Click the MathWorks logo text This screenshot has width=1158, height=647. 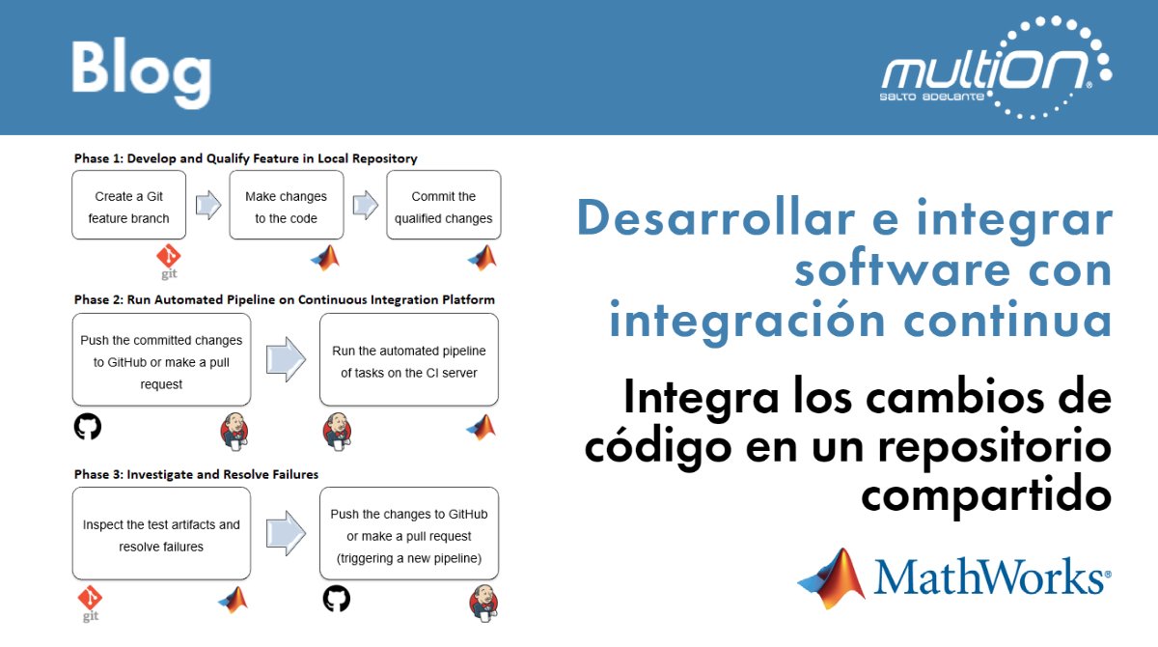(x=990, y=578)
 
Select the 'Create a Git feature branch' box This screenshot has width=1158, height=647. (x=128, y=206)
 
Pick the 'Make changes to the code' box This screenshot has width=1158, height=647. (x=286, y=206)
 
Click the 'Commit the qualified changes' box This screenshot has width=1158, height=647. (x=443, y=206)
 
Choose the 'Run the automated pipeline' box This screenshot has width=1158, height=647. (x=408, y=360)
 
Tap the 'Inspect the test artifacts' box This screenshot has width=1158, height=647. (x=161, y=534)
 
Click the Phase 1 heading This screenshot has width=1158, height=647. (x=245, y=157)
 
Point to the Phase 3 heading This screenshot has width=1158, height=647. (x=196, y=474)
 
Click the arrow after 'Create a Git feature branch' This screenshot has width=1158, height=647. (x=207, y=205)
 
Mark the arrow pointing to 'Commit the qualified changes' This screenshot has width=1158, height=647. (x=365, y=205)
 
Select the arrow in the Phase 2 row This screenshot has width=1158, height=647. (x=286, y=359)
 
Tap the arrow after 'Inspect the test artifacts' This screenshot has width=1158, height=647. (x=286, y=533)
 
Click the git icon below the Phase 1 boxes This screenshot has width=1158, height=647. (x=169, y=262)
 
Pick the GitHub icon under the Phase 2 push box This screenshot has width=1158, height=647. (x=88, y=427)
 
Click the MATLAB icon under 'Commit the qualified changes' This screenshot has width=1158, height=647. (x=481, y=257)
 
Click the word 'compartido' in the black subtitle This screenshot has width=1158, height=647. (x=986, y=496)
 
